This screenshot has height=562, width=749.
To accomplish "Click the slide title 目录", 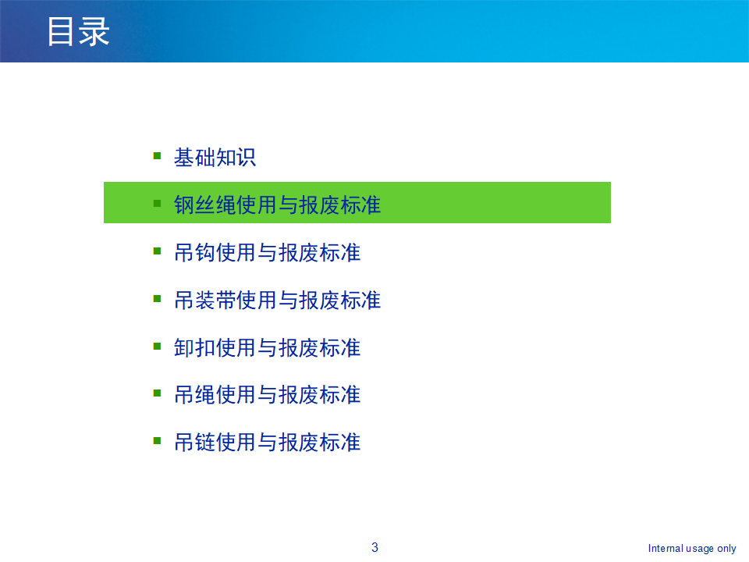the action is pyautogui.click(x=79, y=31).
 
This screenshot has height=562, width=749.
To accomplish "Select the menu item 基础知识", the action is pyautogui.click(x=215, y=157).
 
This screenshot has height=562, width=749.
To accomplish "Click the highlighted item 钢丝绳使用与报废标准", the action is pyautogui.click(x=277, y=205).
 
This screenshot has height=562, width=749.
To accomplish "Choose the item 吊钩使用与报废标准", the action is pyautogui.click(x=267, y=252).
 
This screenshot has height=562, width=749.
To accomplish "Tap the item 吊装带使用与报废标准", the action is pyautogui.click(x=277, y=300).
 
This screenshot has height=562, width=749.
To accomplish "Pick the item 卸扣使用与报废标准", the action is pyautogui.click(x=267, y=347).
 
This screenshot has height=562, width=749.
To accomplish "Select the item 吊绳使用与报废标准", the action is pyautogui.click(x=267, y=395).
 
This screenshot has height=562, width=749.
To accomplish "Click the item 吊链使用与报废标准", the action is pyautogui.click(x=267, y=442).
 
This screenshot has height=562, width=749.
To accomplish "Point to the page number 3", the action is pyautogui.click(x=375, y=547).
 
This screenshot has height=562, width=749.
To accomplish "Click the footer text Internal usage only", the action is pyautogui.click(x=692, y=548).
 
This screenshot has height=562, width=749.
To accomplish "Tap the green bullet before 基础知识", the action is pyautogui.click(x=157, y=156).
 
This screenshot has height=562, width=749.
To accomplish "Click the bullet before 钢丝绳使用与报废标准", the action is pyautogui.click(x=157, y=204).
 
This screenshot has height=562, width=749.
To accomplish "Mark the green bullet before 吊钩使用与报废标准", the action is pyautogui.click(x=157, y=251).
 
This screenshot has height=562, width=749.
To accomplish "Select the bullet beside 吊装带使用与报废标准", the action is pyautogui.click(x=157, y=299).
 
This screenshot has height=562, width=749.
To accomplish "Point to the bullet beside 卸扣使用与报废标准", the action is pyautogui.click(x=157, y=346).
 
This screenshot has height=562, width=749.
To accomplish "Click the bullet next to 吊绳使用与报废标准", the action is pyautogui.click(x=157, y=393).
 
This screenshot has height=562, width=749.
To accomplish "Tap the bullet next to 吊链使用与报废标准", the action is pyautogui.click(x=157, y=440).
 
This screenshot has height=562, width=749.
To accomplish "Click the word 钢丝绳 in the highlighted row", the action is pyautogui.click(x=205, y=205).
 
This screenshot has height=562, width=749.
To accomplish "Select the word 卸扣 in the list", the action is pyautogui.click(x=194, y=347).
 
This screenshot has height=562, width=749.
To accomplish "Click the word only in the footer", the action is pyautogui.click(x=726, y=549).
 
